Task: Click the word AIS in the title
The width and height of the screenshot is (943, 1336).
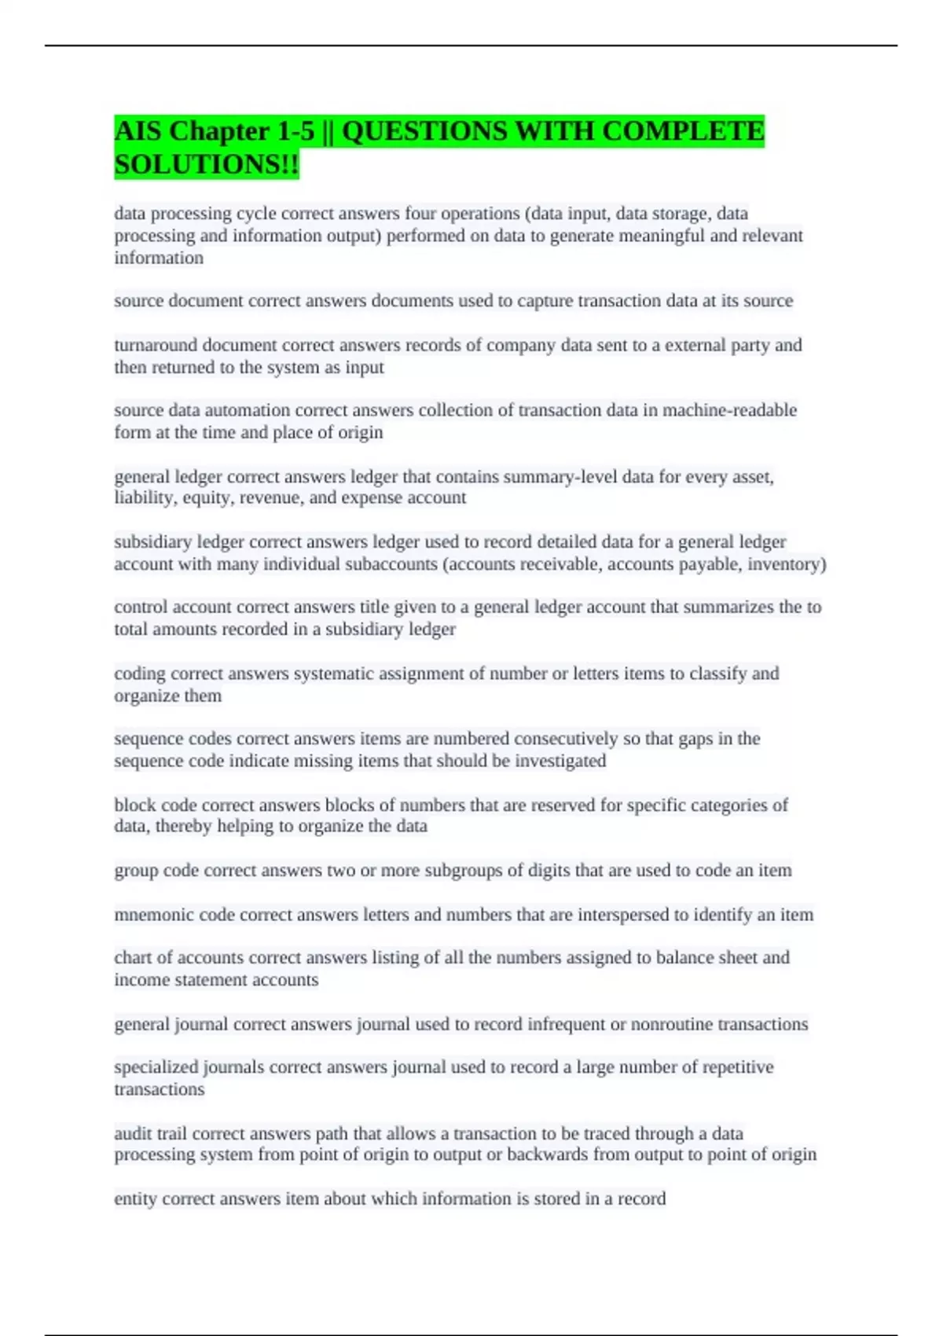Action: (x=138, y=131)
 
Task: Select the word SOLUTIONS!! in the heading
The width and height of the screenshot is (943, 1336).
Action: (x=207, y=164)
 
